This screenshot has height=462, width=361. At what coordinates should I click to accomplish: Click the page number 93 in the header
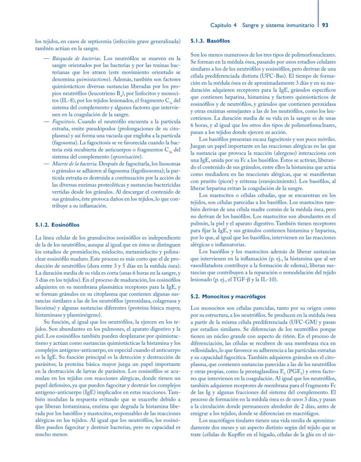click(x=325, y=26)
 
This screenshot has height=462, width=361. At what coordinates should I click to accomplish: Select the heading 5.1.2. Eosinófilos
click(x=57, y=225)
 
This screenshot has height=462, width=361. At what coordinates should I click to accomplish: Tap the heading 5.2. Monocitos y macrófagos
click(x=228, y=296)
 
